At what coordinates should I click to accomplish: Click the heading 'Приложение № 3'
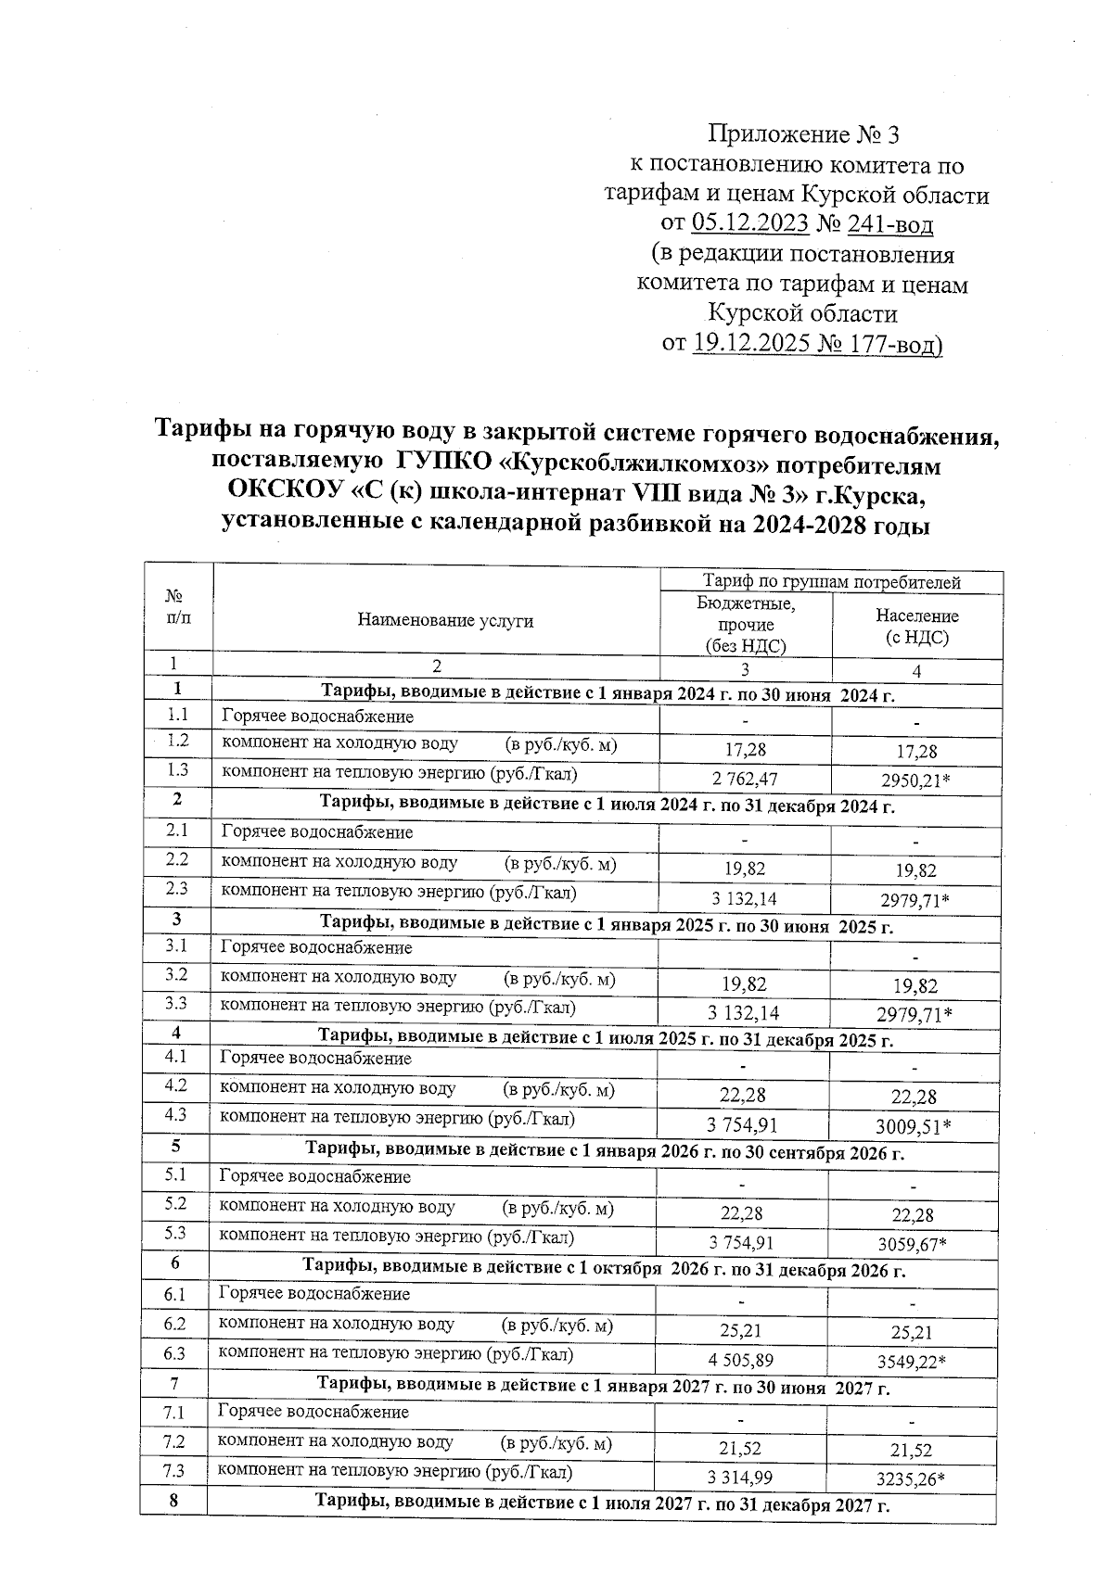pos(803,135)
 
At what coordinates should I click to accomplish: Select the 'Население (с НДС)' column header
pos(916,627)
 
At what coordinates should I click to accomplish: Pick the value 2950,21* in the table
pos(915,780)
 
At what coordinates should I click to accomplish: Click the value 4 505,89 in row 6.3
pos(740,1361)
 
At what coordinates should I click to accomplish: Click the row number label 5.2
pos(175,1203)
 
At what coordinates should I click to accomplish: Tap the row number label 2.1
pos(177,831)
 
